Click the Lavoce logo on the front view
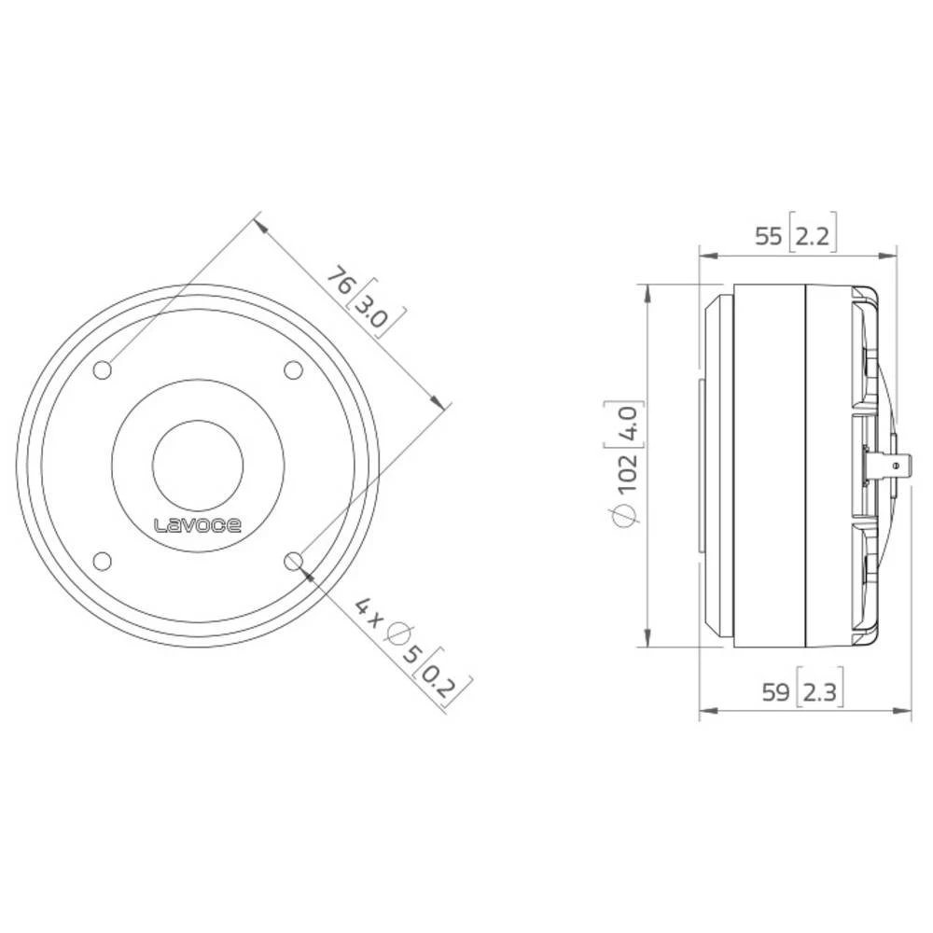[198, 525]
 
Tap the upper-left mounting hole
[103, 370]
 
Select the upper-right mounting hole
[293, 370]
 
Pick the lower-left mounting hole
[103, 561]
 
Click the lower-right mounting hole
[293, 561]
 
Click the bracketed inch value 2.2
[812, 236]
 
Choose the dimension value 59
[775, 693]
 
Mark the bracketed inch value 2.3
[819, 693]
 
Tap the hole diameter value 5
[415, 654]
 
